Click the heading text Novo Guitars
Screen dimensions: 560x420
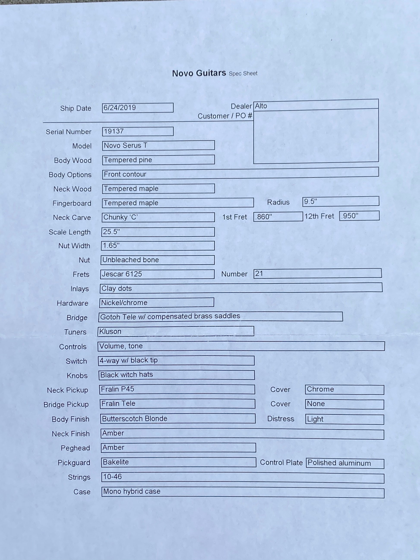(x=199, y=73)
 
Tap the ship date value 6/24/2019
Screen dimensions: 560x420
(x=120, y=108)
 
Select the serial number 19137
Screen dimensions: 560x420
(x=114, y=131)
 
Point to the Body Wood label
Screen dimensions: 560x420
(x=73, y=160)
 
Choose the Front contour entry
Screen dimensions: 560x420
(x=125, y=174)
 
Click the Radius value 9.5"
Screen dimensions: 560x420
(x=310, y=202)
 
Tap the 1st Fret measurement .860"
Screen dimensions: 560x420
(x=264, y=217)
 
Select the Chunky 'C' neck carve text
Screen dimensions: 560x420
(x=120, y=217)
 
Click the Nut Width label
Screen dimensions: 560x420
(x=74, y=246)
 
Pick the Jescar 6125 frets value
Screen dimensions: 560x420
(x=122, y=274)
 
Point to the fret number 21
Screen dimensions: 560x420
(x=259, y=273)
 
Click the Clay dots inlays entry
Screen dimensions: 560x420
(x=117, y=288)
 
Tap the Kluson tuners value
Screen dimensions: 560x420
(x=110, y=331)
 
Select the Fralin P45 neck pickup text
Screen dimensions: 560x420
(x=117, y=389)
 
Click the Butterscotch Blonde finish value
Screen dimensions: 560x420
(x=135, y=418)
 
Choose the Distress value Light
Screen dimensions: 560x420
(x=315, y=419)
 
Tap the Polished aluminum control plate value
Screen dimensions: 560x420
(x=339, y=463)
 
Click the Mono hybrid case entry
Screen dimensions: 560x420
(x=132, y=491)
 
